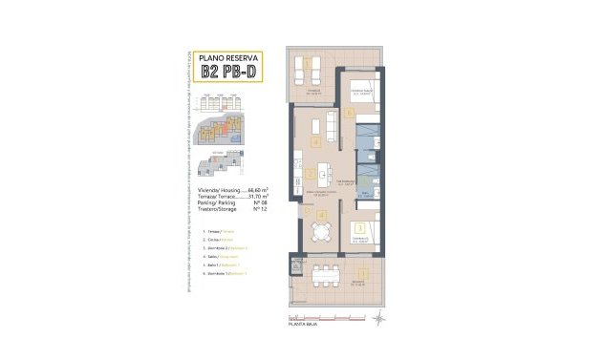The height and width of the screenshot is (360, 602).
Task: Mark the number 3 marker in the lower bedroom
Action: point(358,227)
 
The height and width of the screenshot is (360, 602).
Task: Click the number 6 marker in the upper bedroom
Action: point(351,113)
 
